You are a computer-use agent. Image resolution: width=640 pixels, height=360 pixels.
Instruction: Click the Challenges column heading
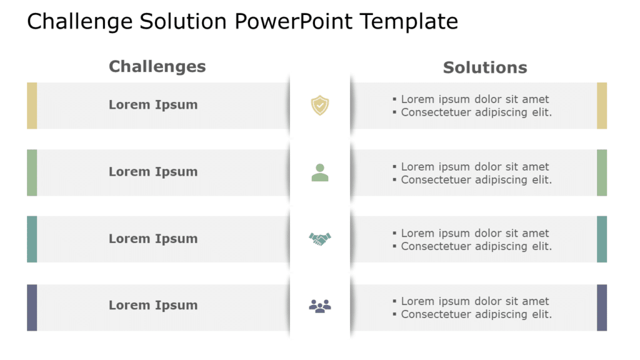(157, 66)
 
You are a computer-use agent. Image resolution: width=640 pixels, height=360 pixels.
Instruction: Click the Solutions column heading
(485, 67)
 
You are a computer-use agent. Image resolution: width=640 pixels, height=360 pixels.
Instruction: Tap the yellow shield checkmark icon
(320, 105)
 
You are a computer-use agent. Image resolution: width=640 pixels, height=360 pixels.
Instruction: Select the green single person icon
(320, 172)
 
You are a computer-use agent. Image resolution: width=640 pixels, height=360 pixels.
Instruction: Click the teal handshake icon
(320, 239)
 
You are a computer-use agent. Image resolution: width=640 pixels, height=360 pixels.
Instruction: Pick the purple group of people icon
(320, 306)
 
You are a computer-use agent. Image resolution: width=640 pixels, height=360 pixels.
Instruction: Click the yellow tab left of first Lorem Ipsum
(32, 106)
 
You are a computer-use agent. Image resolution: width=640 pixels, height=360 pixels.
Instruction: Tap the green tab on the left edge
(32, 172)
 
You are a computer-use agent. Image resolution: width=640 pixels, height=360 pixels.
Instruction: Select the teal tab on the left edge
(32, 239)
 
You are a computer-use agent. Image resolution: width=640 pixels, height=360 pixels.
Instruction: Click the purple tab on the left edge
(32, 307)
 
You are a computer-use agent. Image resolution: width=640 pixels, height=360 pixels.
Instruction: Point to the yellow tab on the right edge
(602, 106)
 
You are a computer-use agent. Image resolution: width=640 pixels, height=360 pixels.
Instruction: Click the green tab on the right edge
(602, 172)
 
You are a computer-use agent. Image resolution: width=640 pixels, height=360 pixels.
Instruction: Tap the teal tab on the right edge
(602, 239)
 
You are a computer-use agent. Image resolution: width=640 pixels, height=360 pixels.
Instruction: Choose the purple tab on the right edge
(602, 307)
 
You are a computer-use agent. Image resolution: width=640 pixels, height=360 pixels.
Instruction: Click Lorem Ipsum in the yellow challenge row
(153, 105)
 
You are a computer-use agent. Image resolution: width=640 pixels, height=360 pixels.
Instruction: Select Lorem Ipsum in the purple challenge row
(153, 306)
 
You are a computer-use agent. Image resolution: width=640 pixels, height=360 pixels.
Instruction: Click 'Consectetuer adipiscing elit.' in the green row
(476, 180)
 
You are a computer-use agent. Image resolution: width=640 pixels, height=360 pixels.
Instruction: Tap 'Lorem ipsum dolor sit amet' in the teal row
(475, 233)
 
